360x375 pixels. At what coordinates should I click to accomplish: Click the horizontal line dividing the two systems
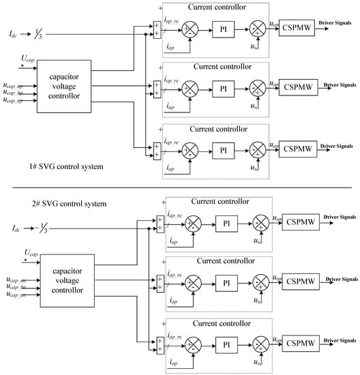tap(180, 186)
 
